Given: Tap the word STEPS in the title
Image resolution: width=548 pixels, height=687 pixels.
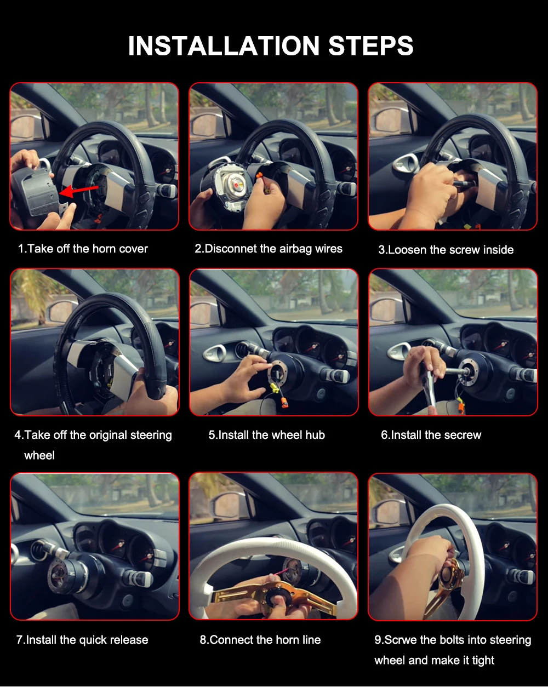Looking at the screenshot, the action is pos(371,45).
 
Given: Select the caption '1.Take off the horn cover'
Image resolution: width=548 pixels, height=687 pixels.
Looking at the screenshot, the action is pos(83,249).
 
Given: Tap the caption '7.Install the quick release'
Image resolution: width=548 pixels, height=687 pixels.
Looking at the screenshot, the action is pos(82,640).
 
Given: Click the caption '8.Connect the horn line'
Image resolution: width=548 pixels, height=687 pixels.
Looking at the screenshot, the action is pos(260,640).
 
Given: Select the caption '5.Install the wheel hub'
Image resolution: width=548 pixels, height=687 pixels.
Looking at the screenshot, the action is pos(267,435).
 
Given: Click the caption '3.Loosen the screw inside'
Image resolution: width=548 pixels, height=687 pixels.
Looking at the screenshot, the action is pos(446,250).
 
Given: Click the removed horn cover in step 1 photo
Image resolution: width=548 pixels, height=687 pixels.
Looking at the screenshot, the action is pos(35,191).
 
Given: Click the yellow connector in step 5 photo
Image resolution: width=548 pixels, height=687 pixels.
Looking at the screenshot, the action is pos(274,388).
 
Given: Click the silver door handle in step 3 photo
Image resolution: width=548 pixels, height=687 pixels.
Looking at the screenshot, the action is pos(406,163).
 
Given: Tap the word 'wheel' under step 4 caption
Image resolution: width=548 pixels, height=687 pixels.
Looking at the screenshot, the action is pos(39,455).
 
